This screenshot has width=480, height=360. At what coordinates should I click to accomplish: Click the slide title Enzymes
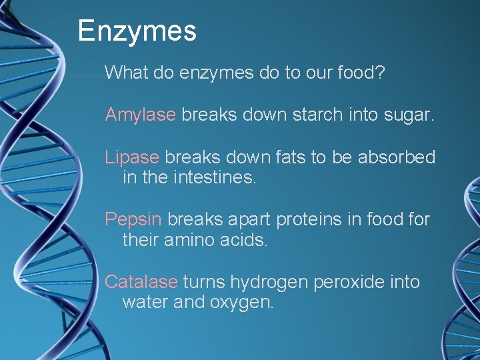coord(137,31)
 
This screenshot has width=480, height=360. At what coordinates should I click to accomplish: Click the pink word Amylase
coord(140,115)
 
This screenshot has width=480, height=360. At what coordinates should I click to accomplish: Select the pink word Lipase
coord(132,158)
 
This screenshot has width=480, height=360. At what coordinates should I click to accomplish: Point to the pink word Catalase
coord(141,282)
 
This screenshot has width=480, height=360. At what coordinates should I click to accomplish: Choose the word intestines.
coord(217,178)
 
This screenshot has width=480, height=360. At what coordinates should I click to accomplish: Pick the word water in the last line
coord(145,302)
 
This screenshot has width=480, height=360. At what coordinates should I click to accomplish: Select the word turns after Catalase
coord(203,282)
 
